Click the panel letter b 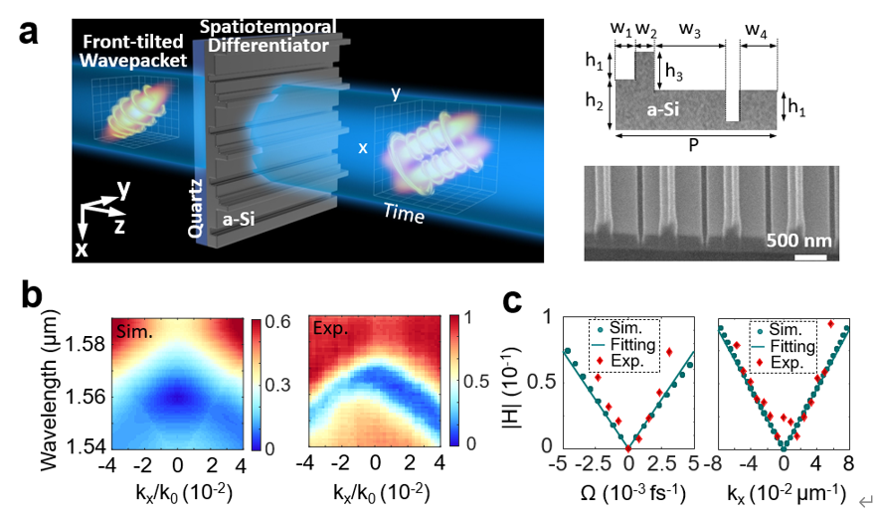click(30, 295)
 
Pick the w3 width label click(691, 30)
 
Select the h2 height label click(597, 102)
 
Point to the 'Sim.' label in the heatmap click(130, 328)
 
